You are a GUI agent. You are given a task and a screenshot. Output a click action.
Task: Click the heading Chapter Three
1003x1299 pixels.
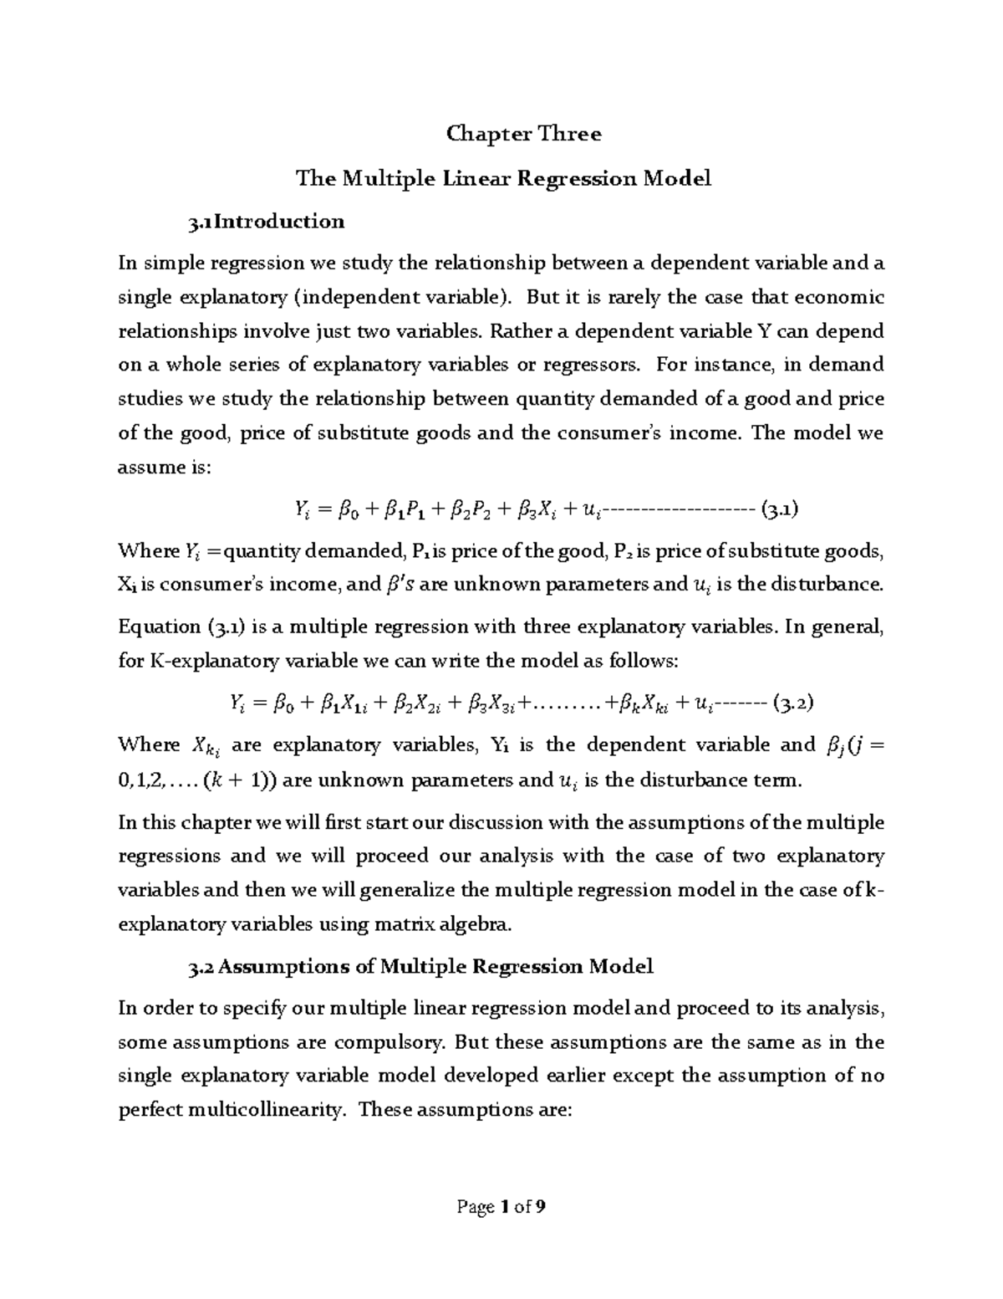[524, 134]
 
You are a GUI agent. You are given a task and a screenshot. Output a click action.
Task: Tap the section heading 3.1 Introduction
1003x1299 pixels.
[266, 222]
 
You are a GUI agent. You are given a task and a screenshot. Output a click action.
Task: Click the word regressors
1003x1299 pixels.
[597, 365]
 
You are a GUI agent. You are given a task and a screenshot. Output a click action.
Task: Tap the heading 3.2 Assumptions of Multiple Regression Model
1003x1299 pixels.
[421, 967]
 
